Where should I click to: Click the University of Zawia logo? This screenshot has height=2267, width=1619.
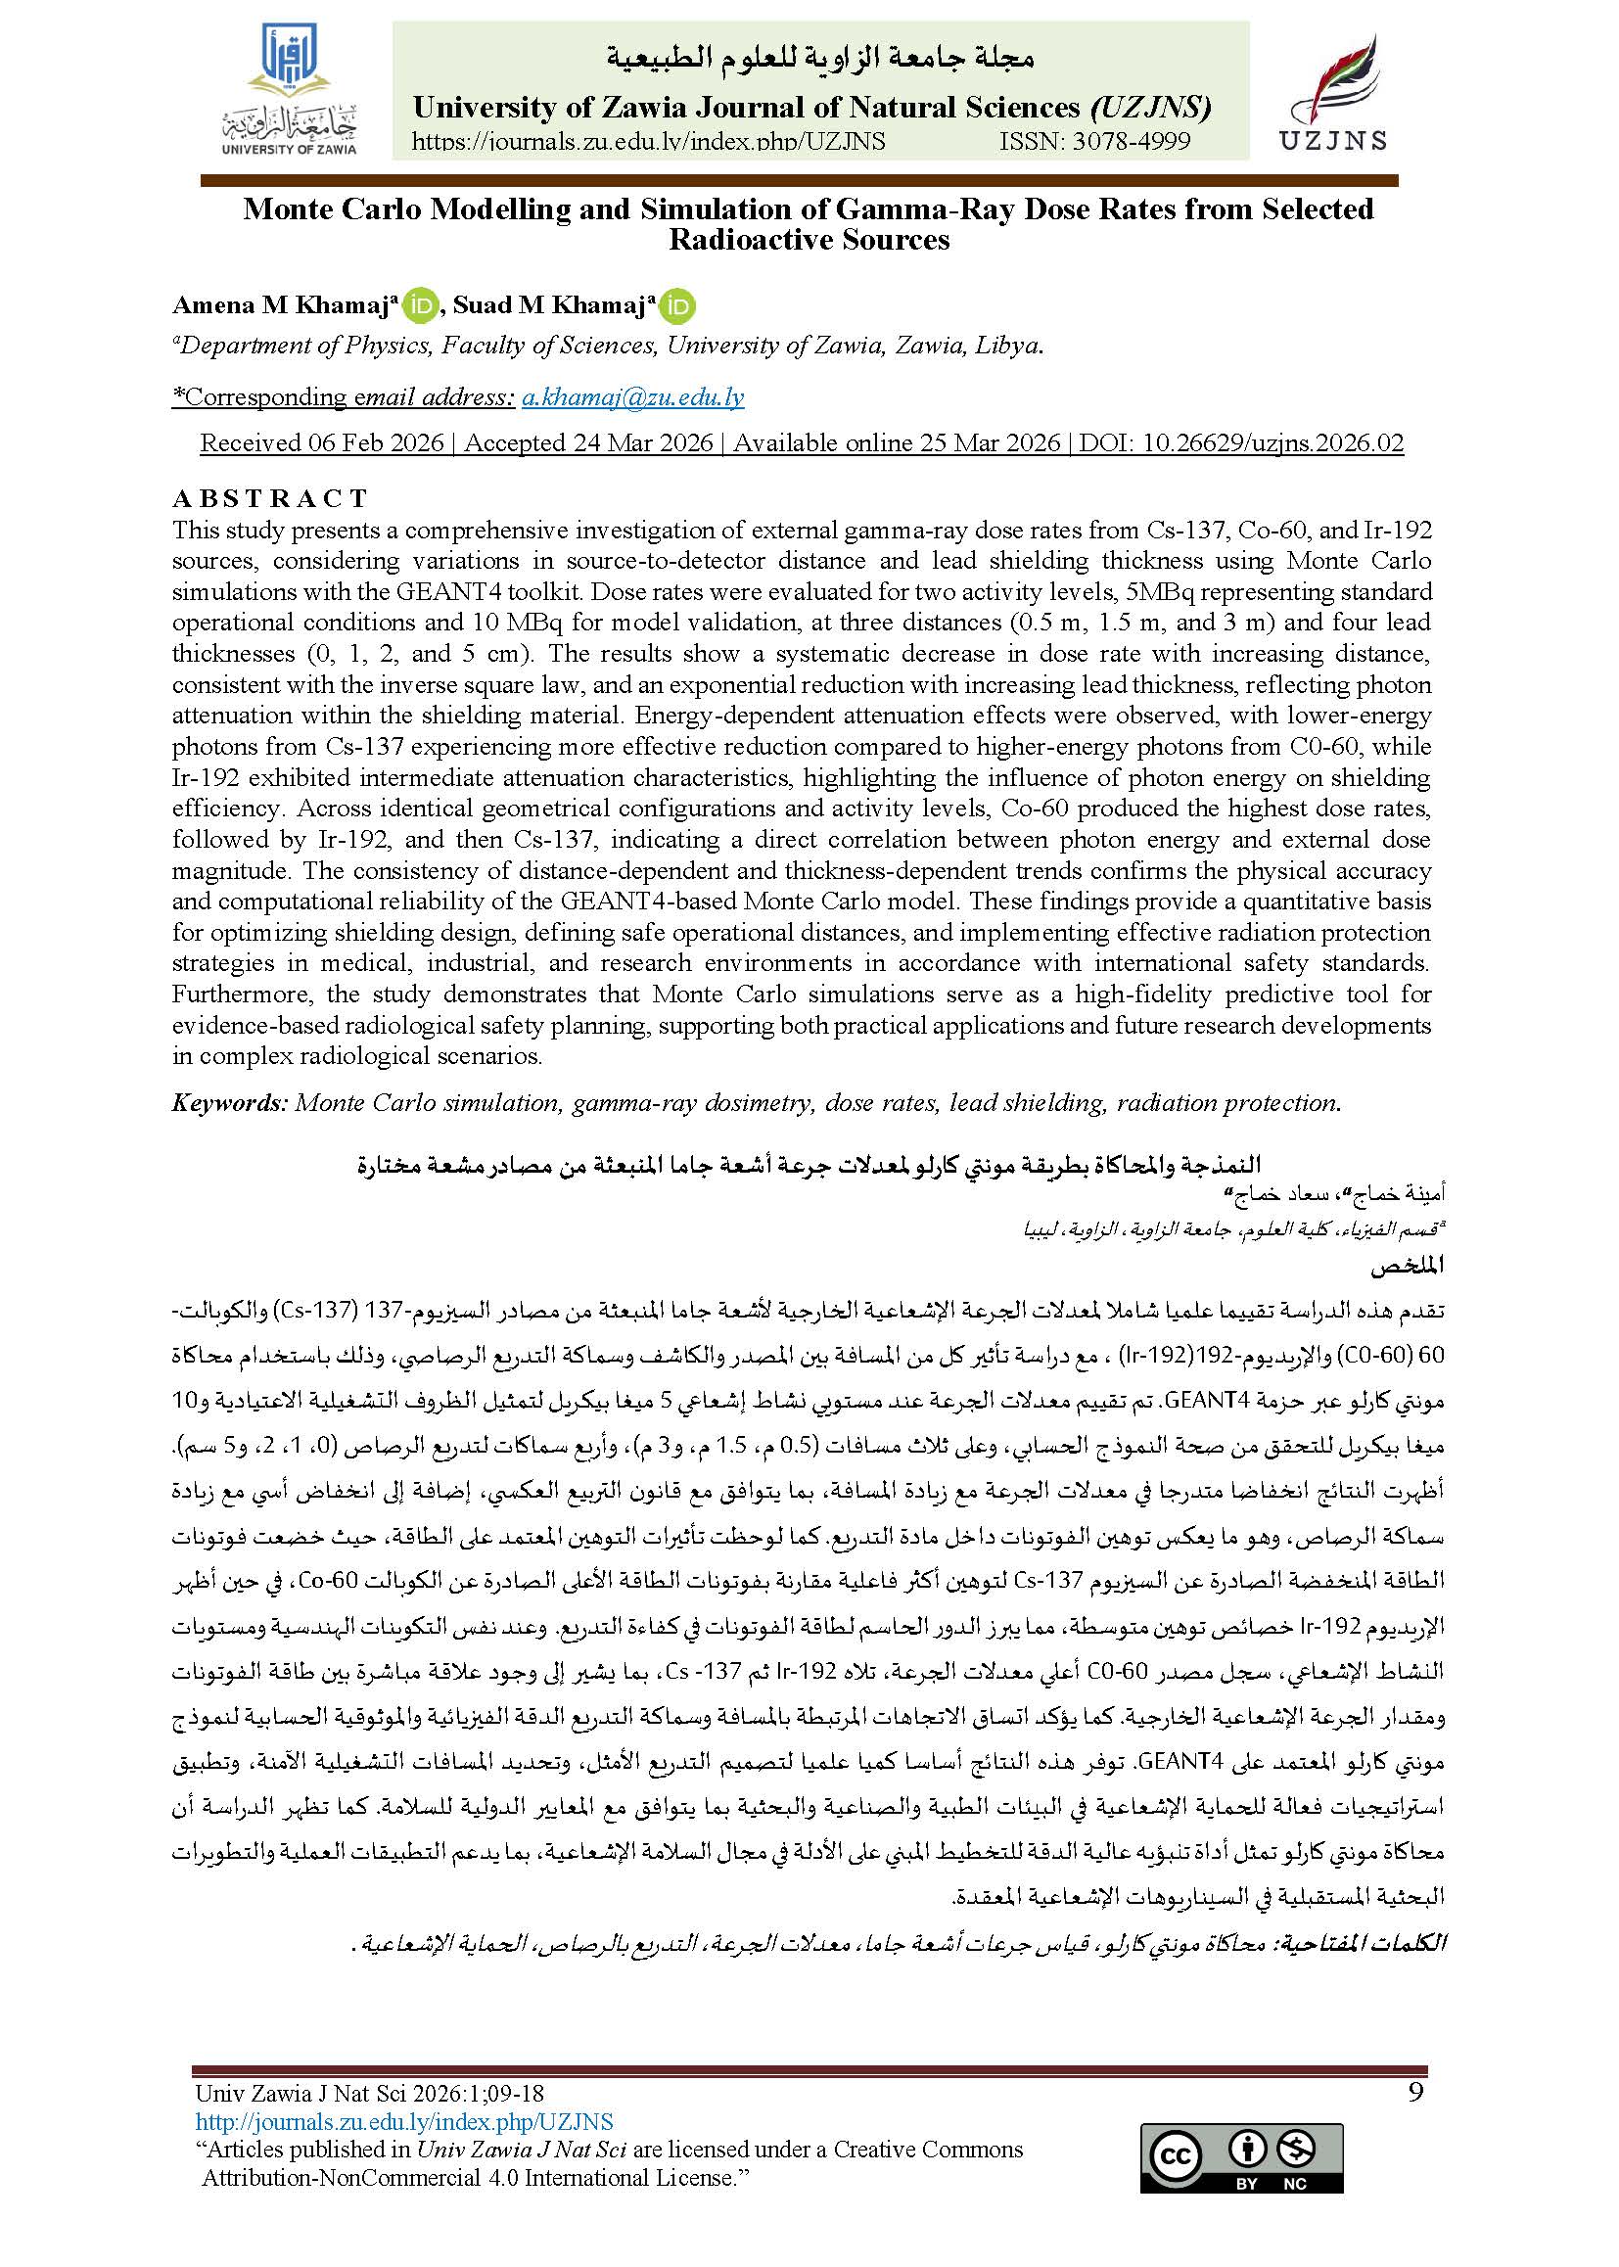pyautogui.click(x=288, y=91)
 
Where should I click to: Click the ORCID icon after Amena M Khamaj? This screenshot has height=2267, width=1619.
pyautogui.click(x=421, y=306)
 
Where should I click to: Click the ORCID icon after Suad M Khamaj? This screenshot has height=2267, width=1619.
pyautogui.click(x=679, y=306)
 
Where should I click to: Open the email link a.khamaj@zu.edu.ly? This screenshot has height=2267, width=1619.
pyautogui.click(x=633, y=396)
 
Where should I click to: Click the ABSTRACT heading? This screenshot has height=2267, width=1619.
pyautogui.click(x=270, y=497)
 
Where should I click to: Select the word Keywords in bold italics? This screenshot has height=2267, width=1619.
pyautogui.click(x=229, y=1102)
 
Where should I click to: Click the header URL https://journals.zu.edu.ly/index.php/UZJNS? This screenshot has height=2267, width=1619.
pyautogui.click(x=648, y=142)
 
